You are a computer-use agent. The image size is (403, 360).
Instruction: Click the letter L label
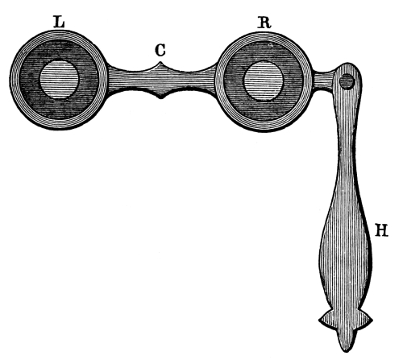(x=60, y=22)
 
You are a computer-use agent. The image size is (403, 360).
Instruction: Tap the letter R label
(x=264, y=23)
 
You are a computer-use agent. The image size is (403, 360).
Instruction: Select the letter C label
(x=160, y=50)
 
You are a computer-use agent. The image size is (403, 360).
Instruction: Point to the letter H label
(x=381, y=230)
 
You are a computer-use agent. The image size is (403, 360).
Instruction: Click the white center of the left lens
(x=59, y=79)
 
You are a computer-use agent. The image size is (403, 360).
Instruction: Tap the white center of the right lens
(x=264, y=81)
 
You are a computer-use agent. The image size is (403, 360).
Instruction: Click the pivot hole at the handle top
(x=347, y=81)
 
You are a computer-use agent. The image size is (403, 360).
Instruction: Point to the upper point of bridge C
(x=160, y=63)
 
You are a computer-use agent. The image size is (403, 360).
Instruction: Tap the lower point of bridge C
(x=160, y=97)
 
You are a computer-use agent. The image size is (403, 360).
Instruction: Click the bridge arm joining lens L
(x=127, y=80)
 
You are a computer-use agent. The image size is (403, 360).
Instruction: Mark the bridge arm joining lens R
(x=193, y=80)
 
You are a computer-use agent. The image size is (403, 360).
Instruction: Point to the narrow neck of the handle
(x=347, y=151)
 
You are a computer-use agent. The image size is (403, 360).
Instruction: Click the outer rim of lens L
(x=14, y=80)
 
